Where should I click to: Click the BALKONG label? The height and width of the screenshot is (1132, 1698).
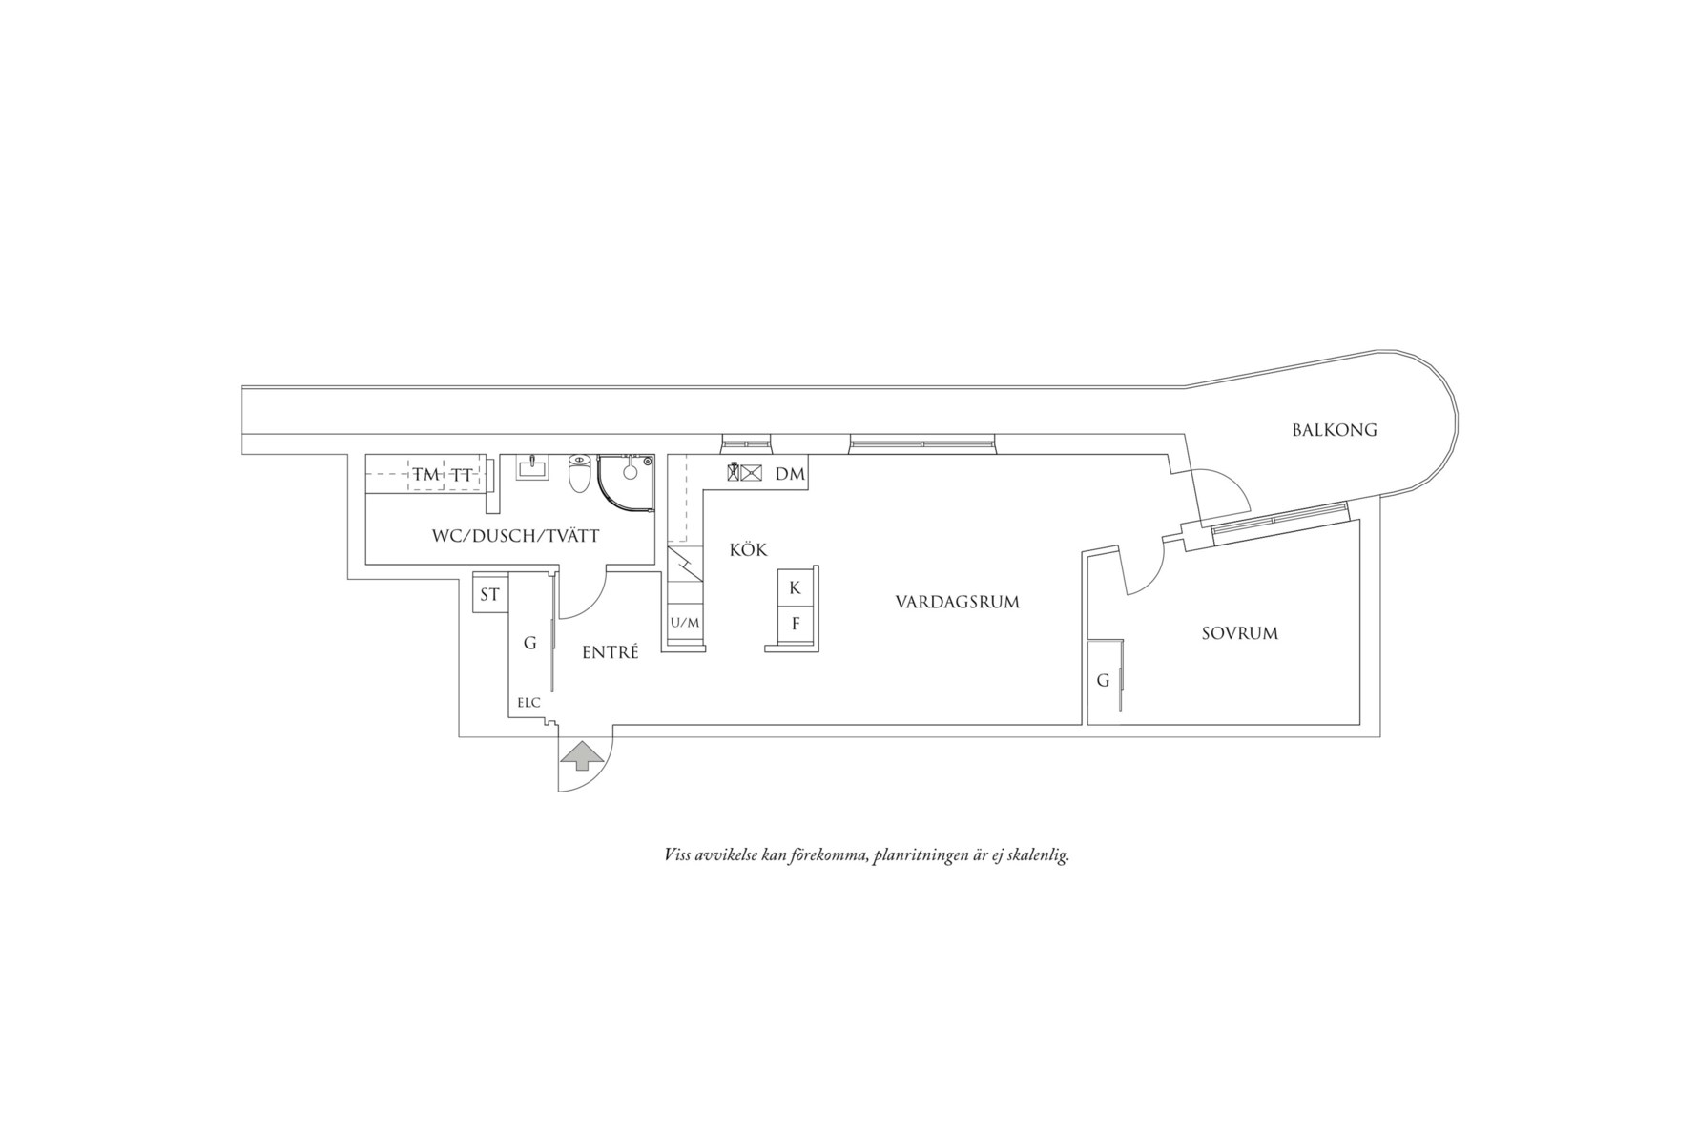click(1335, 430)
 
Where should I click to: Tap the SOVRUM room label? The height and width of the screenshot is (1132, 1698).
click(1239, 633)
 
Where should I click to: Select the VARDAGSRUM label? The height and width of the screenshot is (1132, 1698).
click(957, 603)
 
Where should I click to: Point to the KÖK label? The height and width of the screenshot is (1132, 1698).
click(748, 550)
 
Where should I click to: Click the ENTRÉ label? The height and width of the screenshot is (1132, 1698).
click(611, 652)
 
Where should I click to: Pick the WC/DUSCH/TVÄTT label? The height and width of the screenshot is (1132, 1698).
click(515, 537)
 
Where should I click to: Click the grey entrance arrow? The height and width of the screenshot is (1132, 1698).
click(582, 757)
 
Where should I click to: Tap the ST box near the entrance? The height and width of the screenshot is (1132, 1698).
click(490, 595)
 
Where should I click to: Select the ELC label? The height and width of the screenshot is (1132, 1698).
click(528, 704)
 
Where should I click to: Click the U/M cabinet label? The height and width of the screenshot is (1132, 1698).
click(685, 623)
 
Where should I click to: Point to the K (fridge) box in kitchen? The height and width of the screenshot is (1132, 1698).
click(795, 587)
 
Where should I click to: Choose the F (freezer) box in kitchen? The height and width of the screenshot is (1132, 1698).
click(795, 624)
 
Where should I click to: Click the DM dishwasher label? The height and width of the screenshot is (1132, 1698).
click(790, 474)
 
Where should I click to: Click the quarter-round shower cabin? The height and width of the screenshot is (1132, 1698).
click(627, 484)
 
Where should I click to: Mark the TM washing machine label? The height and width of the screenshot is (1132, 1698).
click(425, 475)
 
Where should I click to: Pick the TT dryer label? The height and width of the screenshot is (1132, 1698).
click(462, 475)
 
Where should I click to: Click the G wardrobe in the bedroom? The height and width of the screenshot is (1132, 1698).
click(1104, 681)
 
